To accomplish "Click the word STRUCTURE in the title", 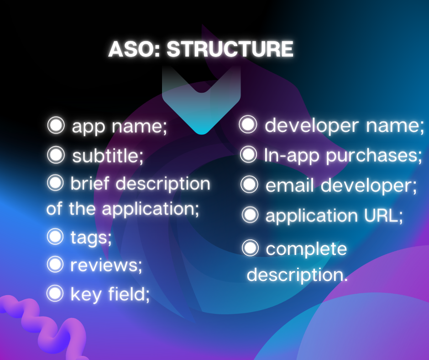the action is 230,49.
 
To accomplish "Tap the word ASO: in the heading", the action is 134,49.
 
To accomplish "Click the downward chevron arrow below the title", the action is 201,100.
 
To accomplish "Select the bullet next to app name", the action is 56,125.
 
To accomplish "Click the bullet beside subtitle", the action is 56,155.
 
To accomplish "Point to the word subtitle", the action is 108,156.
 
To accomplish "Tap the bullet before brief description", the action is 56,183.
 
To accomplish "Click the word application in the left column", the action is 151,209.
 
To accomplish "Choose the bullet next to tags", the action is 55,237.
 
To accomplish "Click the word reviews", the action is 106,265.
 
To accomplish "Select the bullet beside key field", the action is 55,293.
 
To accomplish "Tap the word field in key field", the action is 130,294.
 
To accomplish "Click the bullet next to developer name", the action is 248,124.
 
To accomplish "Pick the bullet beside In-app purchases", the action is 248,154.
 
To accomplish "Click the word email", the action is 290,185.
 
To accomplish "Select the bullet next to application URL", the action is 250,215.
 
